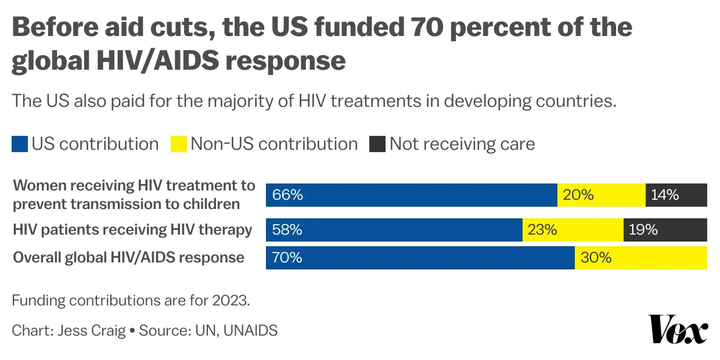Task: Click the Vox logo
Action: (x=678, y=329)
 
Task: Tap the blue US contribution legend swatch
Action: (x=20, y=144)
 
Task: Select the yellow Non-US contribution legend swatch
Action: (x=179, y=144)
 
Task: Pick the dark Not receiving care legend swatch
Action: (x=377, y=144)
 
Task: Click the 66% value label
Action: (x=287, y=195)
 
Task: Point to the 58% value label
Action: (x=287, y=230)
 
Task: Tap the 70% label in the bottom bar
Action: (x=287, y=258)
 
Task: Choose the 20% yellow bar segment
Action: (x=602, y=195)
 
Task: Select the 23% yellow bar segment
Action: (x=573, y=230)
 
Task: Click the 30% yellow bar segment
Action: (x=641, y=258)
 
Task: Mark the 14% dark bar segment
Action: (x=676, y=195)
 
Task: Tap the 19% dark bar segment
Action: (x=665, y=230)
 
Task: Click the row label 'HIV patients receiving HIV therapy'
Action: (x=132, y=230)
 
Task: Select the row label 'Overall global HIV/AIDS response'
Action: (x=128, y=258)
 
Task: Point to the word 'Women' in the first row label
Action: (x=37, y=186)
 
